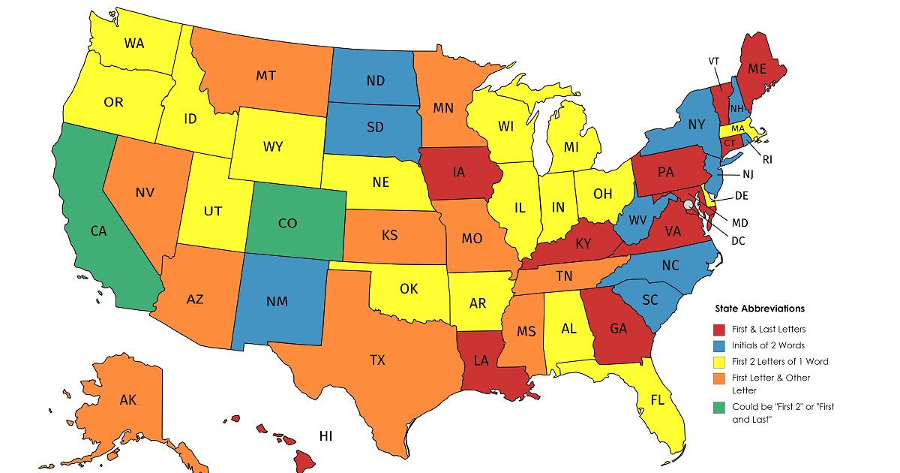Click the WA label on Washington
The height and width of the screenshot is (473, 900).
134,44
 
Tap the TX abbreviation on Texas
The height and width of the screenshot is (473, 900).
377,360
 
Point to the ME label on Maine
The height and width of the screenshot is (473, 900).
757,68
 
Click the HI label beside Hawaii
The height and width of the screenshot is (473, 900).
325,435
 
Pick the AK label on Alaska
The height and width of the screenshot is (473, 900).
127,400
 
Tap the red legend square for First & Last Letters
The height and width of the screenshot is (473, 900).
718,328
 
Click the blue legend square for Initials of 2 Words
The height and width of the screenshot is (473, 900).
718,345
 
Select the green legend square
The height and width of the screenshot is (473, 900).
718,406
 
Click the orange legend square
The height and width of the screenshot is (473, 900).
718,378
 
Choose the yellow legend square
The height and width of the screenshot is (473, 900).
718,361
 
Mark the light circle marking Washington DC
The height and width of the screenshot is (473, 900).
688,204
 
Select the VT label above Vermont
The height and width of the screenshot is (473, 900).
714,61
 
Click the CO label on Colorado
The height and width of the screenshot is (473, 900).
286,223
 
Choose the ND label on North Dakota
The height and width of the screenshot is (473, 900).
376,80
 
